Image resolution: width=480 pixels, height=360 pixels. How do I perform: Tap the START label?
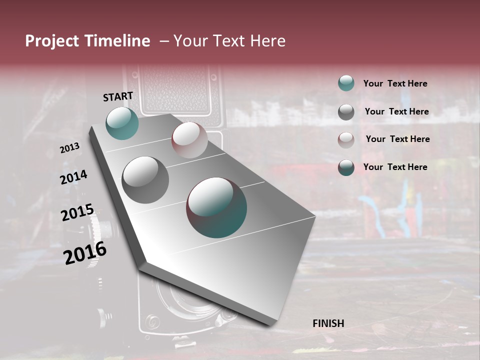coord(118,96)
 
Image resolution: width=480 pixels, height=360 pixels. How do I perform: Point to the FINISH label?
coord(328,323)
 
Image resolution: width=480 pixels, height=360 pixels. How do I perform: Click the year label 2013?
coord(69,148)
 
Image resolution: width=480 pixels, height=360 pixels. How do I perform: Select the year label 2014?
coord(73,177)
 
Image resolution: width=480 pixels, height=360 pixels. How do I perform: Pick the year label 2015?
coord(77,212)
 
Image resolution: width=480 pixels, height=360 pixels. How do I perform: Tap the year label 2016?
coord(85,253)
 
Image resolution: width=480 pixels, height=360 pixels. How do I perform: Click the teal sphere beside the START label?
coord(122,123)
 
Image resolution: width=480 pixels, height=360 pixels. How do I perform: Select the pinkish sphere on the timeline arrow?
coord(189,140)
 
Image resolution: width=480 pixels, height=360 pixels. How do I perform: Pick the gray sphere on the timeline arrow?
coord(145,180)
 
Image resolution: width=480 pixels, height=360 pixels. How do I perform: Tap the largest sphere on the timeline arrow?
coord(216,207)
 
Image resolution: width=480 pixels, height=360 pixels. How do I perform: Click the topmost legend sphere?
coord(346,83)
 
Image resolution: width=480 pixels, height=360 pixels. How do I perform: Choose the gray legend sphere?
coord(346,112)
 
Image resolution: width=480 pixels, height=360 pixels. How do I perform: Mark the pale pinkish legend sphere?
coord(346,140)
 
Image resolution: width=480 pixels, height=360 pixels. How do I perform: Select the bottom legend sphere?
coord(346,167)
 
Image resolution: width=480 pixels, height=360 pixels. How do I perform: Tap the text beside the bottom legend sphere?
coord(395,167)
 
